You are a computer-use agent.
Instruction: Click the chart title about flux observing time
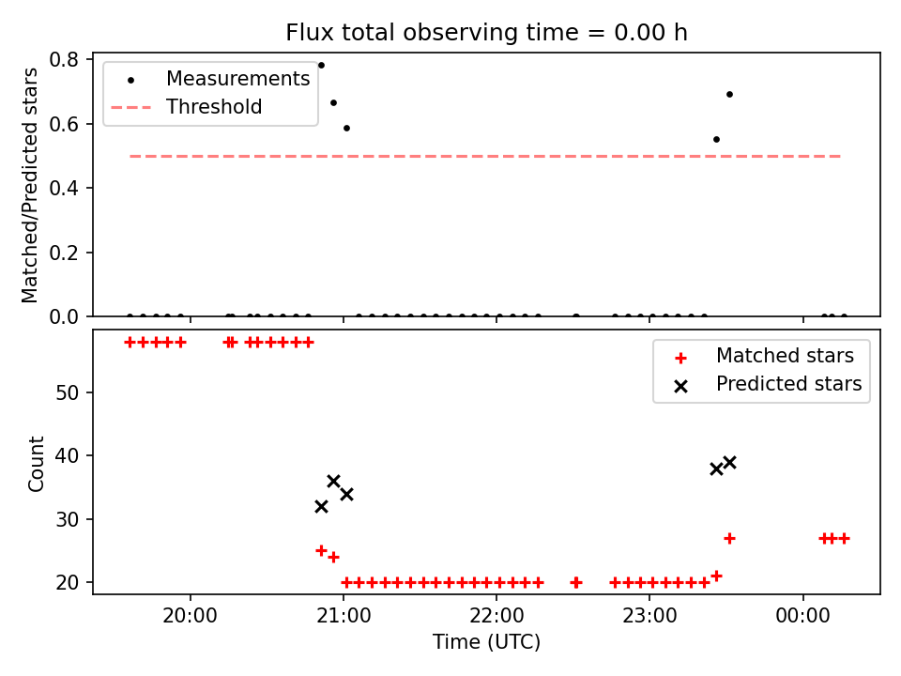(486, 32)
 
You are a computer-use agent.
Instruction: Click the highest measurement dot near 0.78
(321, 66)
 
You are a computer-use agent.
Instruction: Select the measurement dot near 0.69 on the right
(730, 94)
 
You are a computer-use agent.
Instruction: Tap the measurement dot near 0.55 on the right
(716, 140)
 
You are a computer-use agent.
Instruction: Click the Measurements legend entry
(210, 79)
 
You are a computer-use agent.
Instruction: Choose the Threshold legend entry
(187, 107)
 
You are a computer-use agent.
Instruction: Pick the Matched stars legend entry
(764, 356)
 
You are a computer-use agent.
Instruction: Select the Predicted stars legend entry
(769, 384)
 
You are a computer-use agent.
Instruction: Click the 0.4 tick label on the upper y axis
(63, 188)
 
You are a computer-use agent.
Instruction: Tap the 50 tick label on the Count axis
(67, 393)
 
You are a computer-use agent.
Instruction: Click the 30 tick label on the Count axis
(67, 519)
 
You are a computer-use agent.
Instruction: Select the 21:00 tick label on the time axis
(344, 616)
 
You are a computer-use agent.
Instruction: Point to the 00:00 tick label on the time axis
(802, 616)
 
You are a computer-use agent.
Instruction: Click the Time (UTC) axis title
(487, 641)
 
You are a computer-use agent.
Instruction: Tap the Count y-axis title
(36, 464)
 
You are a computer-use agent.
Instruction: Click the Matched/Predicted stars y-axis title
(30, 185)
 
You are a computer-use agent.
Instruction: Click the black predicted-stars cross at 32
(321, 506)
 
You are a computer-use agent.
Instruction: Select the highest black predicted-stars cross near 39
(730, 462)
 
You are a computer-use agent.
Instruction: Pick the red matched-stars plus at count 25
(321, 551)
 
